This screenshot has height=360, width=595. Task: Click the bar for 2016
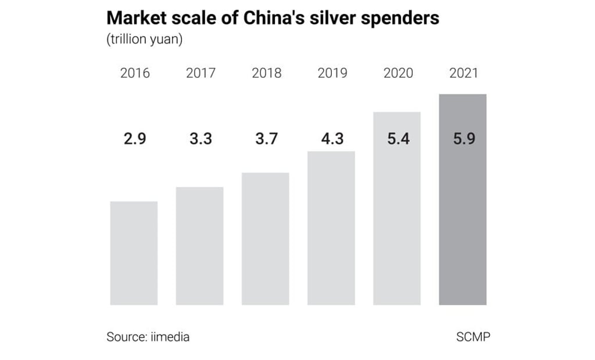coord(134,253)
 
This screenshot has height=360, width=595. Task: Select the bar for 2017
coord(199,246)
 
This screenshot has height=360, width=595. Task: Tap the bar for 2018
coord(266,239)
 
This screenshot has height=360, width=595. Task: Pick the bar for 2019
coord(331,228)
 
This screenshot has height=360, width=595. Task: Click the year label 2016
coord(135,73)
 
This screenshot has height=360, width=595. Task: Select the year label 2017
coord(200,73)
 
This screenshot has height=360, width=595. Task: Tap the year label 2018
coord(266,73)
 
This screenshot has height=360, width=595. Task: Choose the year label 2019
coord(332,73)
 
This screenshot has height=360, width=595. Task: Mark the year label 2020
coord(398,73)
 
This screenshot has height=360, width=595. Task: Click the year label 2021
coord(464,73)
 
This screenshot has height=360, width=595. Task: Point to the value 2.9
coord(135,140)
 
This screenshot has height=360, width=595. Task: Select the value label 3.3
coord(200,140)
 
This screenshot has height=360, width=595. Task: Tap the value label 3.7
coord(266,140)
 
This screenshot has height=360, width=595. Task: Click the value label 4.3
coord(332,140)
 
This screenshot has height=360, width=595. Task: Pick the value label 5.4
coord(398,140)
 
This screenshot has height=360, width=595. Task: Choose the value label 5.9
coord(464,140)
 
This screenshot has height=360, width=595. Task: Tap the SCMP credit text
coord(473,337)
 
